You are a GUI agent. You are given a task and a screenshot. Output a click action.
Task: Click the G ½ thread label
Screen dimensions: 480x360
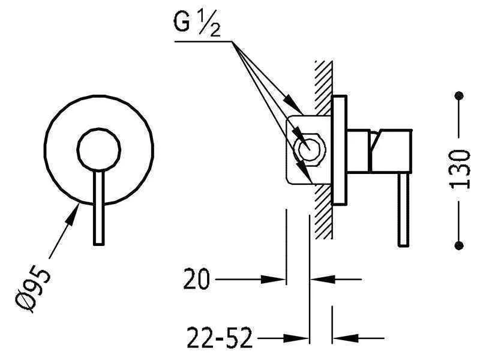pos(197,24)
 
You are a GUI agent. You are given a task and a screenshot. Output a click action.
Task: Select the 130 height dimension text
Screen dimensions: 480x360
pos(459,170)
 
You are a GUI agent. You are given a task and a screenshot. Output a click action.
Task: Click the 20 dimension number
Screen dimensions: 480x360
pos(197,279)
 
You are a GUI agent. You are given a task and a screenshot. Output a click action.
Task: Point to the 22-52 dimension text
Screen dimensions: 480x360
pos(220,338)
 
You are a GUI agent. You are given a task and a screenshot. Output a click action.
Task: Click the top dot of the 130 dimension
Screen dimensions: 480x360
pos(459,95)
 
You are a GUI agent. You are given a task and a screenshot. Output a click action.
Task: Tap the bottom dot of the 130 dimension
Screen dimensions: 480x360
pos(459,245)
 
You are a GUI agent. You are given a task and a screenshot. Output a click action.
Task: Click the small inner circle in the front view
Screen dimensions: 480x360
pos(99,149)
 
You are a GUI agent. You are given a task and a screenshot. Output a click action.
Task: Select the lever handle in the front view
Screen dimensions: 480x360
pos(98,208)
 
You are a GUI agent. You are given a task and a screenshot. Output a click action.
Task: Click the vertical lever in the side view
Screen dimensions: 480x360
pos(403,209)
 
